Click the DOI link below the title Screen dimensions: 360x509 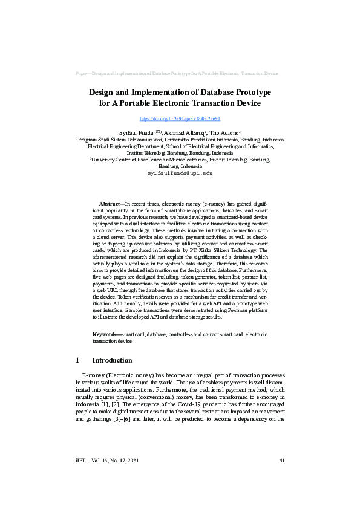click(x=180, y=119)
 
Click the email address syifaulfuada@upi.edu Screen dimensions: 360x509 click(x=180, y=173)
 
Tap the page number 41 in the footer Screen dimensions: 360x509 click(x=281, y=461)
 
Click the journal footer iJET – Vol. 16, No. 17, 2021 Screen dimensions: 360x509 click(x=107, y=461)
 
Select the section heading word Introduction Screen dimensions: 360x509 click(x=112, y=360)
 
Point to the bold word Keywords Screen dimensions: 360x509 click(x=106, y=334)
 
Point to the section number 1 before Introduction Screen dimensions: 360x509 click(x=77, y=360)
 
